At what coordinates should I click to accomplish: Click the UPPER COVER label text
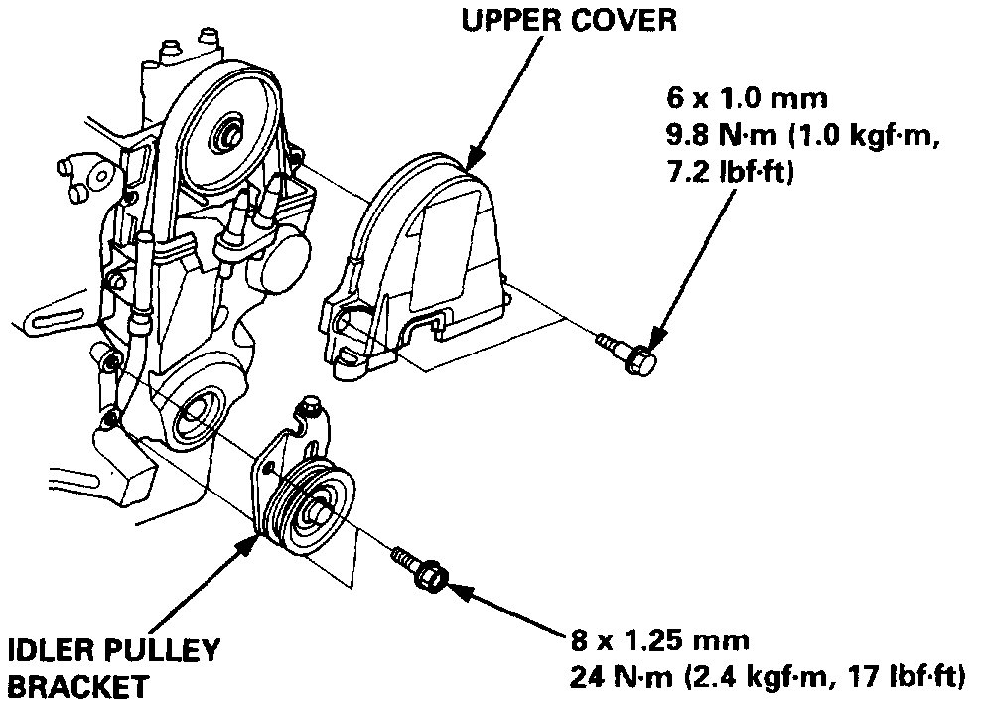pos(569,20)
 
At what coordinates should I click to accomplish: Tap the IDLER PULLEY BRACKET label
pos(112,668)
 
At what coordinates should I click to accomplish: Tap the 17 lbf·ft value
pos(909,678)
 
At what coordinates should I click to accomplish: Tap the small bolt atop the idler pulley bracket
pos(308,407)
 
